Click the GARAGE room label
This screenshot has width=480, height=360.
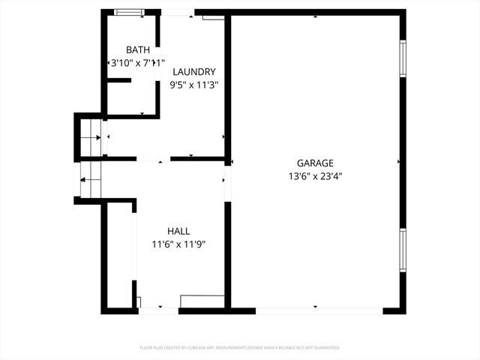point(315,163)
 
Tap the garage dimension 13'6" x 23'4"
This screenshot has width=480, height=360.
point(315,176)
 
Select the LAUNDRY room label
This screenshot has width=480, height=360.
point(194,72)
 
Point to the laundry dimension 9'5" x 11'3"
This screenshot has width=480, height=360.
point(194,85)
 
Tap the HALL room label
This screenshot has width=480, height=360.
point(178,232)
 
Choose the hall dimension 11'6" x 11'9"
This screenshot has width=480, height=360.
point(178,244)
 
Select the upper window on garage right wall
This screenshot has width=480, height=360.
point(403,58)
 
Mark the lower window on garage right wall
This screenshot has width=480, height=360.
point(403,250)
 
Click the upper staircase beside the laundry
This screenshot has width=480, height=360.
point(91,137)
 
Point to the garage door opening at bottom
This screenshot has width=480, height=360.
point(319,310)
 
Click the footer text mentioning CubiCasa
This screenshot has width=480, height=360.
point(240,348)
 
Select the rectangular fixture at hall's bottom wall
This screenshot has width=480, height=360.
point(202,301)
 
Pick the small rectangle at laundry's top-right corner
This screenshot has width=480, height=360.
point(213,16)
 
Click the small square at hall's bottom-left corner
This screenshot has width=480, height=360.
point(139,302)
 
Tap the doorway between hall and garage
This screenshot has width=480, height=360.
point(227,183)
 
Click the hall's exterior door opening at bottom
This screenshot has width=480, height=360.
point(158,310)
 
